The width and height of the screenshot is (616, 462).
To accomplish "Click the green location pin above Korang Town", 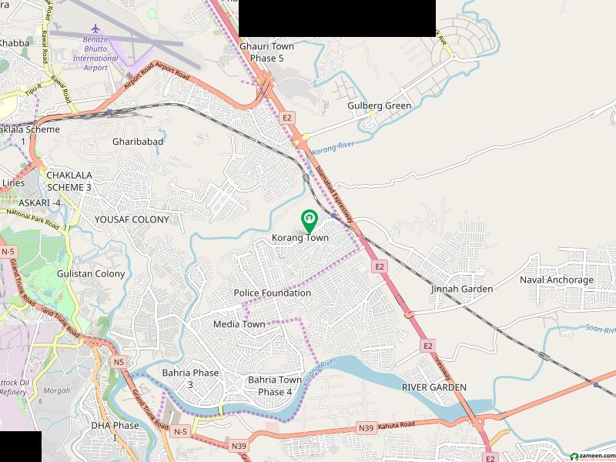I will (x=308, y=220).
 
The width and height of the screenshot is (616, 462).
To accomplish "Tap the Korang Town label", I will (x=300, y=238).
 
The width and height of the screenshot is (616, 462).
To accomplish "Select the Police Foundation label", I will (x=273, y=293).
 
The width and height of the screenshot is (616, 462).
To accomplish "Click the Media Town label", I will (x=239, y=324).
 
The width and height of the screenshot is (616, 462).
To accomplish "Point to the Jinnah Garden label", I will (x=462, y=289).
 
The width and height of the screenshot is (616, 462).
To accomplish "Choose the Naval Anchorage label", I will (x=557, y=280).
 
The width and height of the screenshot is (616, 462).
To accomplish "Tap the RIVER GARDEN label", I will (x=434, y=387).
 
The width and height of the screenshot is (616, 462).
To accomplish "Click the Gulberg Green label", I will (x=380, y=105).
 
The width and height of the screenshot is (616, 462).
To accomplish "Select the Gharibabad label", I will (x=139, y=142).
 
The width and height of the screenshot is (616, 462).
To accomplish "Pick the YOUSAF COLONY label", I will (x=132, y=219).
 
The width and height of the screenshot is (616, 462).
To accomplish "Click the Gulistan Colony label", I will (x=91, y=273).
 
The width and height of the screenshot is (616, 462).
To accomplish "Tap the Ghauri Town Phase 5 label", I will (x=267, y=52).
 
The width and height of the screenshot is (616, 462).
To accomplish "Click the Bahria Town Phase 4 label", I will (x=275, y=386).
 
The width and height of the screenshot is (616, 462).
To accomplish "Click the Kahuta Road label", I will (x=397, y=424).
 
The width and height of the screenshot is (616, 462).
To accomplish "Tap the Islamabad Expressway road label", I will (x=335, y=192).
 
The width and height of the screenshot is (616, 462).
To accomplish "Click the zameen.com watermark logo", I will (x=589, y=455).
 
